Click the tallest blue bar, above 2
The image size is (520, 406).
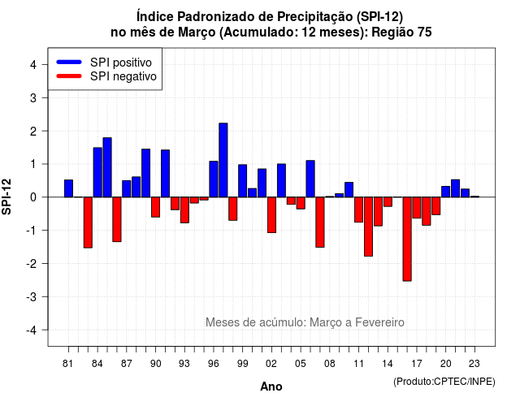[x=223, y=160]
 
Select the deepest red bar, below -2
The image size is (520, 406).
[x=407, y=239]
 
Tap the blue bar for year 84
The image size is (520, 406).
[x=97, y=172]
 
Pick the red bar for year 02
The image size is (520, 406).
[x=271, y=214]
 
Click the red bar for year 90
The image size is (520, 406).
[x=155, y=207]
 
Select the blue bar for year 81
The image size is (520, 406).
[x=68, y=188]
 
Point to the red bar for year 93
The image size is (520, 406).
[x=184, y=209]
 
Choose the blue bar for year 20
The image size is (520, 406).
[x=446, y=192]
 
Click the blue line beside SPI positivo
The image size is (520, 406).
[x=69, y=62]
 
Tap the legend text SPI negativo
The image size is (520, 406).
[x=123, y=76]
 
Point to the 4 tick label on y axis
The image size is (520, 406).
[x=33, y=65]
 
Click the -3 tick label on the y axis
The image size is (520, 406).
[x=31, y=296]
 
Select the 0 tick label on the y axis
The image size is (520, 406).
[x=33, y=197]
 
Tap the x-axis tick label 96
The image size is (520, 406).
[x=214, y=364]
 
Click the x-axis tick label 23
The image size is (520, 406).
[x=474, y=364]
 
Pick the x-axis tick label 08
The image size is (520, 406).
[x=330, y=364]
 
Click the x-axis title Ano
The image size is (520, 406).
[x=271, y=387]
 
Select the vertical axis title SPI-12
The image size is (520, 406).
[x=6, y=197]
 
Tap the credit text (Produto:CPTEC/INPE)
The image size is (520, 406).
[x=444, y=382]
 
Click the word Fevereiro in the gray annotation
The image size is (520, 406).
[x=379, y=322]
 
